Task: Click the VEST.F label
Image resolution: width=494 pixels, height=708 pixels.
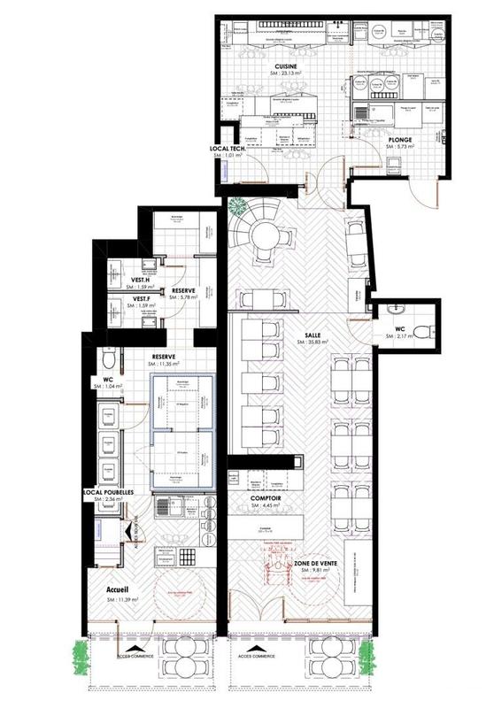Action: click(131, 299)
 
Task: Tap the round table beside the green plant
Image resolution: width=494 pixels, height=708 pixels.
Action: click(263, 233)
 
